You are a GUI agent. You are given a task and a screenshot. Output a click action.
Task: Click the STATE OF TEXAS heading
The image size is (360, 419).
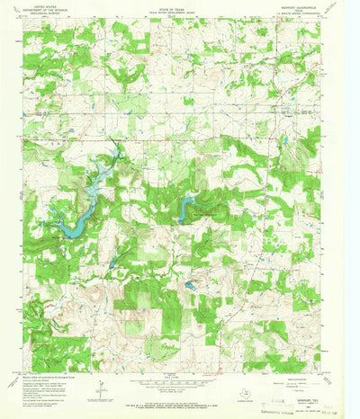(180, 8)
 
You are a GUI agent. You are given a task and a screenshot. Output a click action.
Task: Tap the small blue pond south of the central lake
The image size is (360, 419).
(191, 287)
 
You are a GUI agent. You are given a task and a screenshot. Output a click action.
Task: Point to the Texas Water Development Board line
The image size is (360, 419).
(180, 13)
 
